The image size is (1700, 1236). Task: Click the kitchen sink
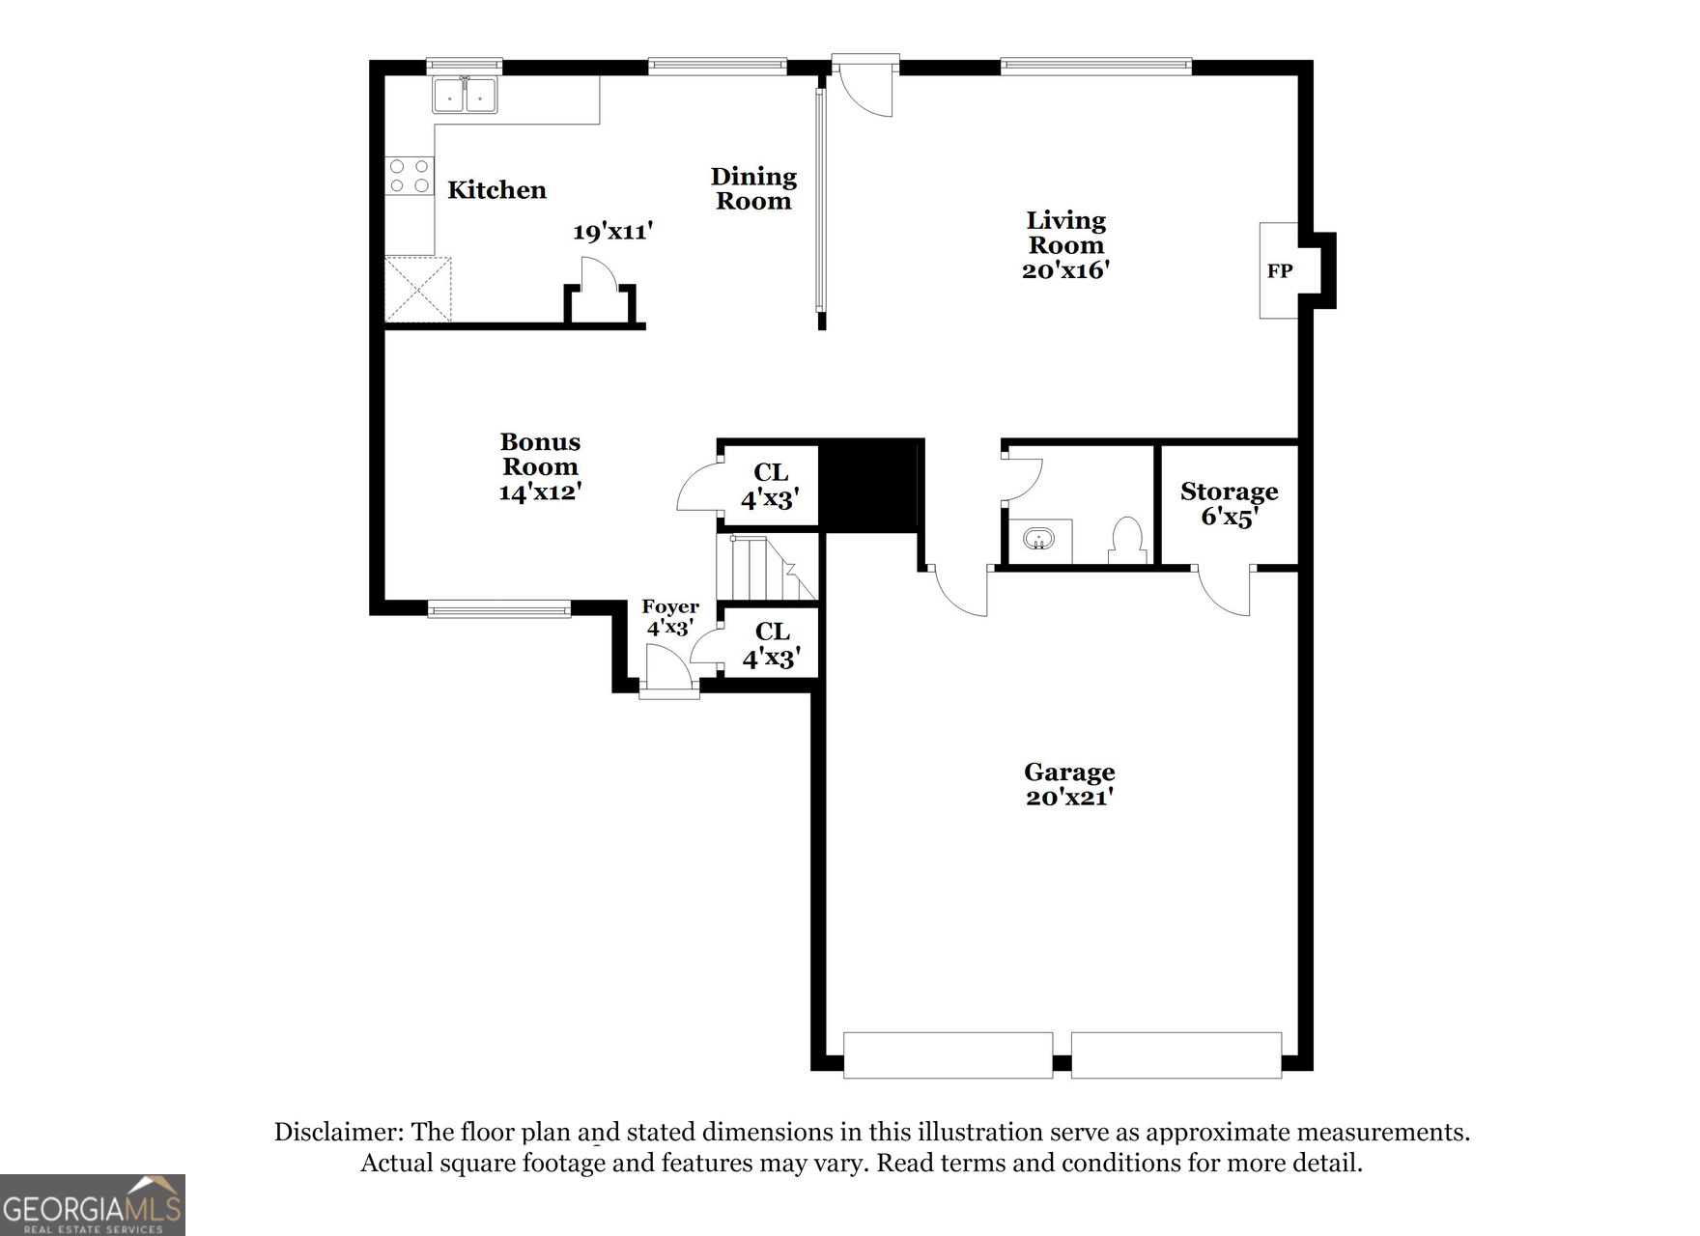point(465,95)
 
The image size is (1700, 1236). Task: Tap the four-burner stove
point(410,176)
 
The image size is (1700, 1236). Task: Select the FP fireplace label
point(1280,271)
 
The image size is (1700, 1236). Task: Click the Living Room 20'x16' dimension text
point(1065,270)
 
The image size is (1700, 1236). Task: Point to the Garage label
point(1069,772)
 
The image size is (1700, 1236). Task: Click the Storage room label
point(1229,492)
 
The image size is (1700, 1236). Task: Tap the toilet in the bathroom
point(1127,540)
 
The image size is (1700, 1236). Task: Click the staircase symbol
point(767,568)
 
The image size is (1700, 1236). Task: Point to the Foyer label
point(670,606)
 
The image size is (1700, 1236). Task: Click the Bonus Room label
point(540,454)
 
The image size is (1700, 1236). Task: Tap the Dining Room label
point(753,188)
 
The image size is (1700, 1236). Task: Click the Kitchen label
point(496,189)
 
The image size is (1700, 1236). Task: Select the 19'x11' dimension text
point(612,232)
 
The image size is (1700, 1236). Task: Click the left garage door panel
point(948,1054)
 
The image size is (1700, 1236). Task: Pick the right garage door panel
point(1176,1054)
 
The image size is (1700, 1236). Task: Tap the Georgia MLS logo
point(93,1204)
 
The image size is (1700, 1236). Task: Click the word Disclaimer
point(338,1133)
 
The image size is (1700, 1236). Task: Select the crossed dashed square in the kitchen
point(418,289)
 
